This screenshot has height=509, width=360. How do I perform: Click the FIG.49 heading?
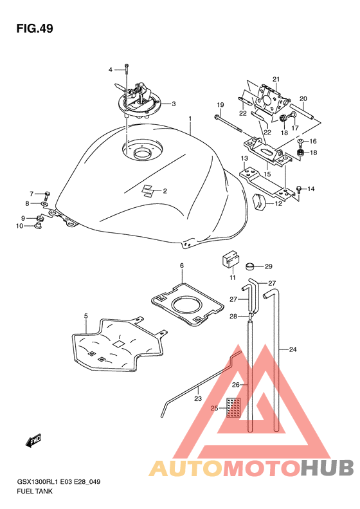(x=35, y=28)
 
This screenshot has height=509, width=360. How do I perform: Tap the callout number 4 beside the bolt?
(x=111, y=69)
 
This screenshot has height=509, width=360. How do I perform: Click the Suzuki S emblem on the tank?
(x=149, y=190)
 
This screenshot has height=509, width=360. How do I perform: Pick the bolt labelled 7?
(x=48, y=195)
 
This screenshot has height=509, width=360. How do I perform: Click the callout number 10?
(x=19, y=226)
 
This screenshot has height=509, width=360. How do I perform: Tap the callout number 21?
(x=276, y=79)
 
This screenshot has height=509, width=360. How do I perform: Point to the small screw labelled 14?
(x=300, y=191)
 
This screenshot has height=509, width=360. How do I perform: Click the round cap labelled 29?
(x=250, y=266)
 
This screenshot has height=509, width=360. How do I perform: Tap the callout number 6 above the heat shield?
(x=182, y=266)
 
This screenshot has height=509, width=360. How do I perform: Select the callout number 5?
(x=86, y=315)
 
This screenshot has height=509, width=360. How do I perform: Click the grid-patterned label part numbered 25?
(x=233, y=408)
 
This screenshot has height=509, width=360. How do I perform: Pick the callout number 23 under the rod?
(x=198, y=398)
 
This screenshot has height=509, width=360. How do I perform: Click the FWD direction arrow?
(x=33, y=440)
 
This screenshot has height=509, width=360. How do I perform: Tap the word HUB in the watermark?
(x=327, y=468)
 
